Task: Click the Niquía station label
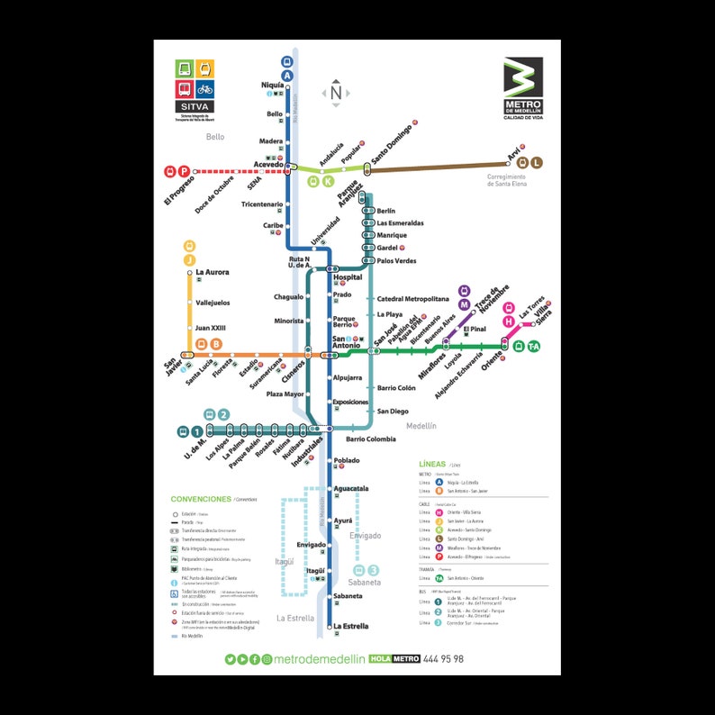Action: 272,85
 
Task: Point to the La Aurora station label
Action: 212,272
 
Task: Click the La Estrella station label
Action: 350,626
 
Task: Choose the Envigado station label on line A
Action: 311,545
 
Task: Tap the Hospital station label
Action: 348,277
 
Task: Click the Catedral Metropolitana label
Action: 412,298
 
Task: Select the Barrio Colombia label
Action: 370,439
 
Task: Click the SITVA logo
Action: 195,87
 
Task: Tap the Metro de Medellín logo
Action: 523,86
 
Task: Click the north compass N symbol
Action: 336,92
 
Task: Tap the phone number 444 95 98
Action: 444,659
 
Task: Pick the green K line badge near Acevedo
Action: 328,181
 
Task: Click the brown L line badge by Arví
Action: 537,162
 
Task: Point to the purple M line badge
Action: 465,303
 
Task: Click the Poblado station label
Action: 347,460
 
